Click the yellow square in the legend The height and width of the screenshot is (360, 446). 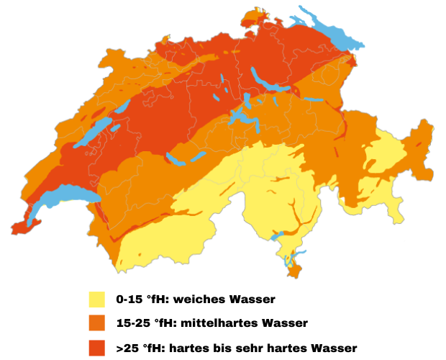[x=97, y=300]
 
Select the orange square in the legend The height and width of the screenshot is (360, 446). [x=97, y=323]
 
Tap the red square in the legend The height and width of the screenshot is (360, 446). [x=97, y=347]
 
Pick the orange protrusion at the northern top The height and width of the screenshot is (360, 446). [x=255, y=17]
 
